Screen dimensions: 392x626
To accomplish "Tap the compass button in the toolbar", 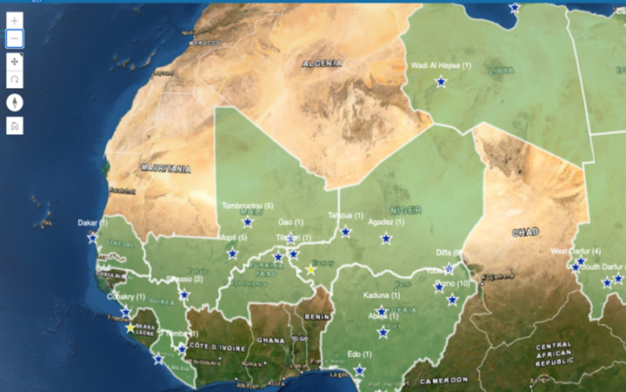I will (x=15, y=102).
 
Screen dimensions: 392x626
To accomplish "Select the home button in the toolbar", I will (x=15, y=125).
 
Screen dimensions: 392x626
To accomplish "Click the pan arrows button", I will (x=15, y=61).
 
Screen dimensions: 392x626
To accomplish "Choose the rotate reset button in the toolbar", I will (x=15, y=79).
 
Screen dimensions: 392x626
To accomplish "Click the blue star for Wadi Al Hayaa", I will (x=441, y=82).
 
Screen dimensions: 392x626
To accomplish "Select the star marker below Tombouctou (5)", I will (x=247, y=222).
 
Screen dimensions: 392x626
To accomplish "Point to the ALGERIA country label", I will (x=323, y=64).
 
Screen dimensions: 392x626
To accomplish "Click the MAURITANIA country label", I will (x=165, y=168).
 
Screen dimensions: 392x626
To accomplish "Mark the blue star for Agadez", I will (x=386, y=239).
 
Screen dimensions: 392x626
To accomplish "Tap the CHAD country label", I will (x=525, y=232).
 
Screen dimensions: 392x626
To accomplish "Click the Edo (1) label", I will (x=359, y=355).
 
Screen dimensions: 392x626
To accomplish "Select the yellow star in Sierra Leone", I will (x=130, y=328).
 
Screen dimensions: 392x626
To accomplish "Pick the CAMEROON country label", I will (x=444, y=380).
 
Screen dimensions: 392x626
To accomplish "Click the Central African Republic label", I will (x=554, y=352).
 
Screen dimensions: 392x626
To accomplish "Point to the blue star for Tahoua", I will (x=345, y=232).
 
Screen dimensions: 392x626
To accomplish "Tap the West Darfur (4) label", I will (x=576, y=252).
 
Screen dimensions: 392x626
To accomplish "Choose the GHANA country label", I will (x=271, y=340).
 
